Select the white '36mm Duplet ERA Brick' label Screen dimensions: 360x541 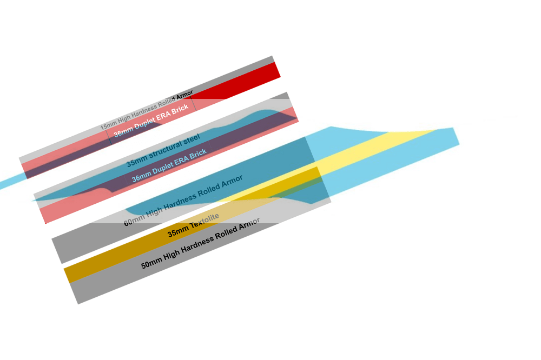pos(151,121)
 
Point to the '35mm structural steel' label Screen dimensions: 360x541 pos(163,150)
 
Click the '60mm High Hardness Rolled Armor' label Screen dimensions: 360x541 pos(183,200)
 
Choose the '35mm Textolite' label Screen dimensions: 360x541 pos(193,225)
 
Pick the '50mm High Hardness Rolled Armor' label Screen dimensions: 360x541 pos(201,243)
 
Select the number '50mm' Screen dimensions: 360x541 pos(151,264)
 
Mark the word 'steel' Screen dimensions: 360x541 pos(191,138)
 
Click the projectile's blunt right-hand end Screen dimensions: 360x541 pos(456,137)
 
